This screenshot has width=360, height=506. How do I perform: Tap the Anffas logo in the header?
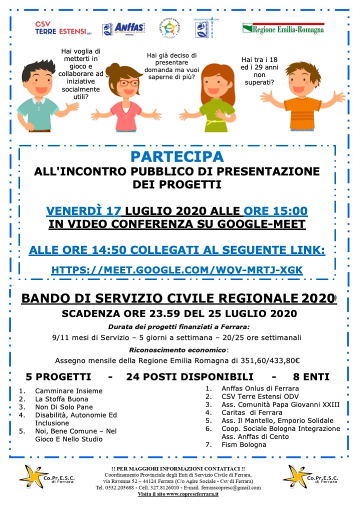point(123,28)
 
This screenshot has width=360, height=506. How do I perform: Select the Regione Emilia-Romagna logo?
point(283,29)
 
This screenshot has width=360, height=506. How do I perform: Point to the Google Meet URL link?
point(177,270)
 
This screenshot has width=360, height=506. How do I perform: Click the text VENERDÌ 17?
point(84,211)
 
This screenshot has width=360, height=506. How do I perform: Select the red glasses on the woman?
point(128,83)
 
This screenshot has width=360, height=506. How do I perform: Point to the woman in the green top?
point(216,97)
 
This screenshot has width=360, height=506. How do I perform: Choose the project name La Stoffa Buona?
point(61,399)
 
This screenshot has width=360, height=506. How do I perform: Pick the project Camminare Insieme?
point(68,391)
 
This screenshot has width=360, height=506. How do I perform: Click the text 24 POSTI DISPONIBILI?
point(190,376)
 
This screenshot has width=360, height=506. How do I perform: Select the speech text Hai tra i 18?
point(259,59)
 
